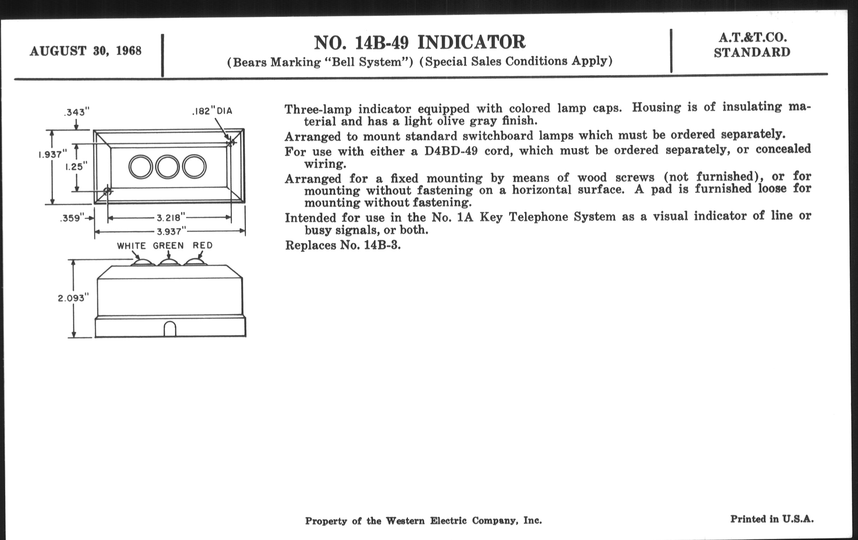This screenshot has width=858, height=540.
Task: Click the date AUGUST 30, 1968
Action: (x=85, y=51)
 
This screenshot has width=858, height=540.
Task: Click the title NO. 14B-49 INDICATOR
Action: (x=419, y=42)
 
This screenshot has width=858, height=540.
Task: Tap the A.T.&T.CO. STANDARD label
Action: (x=752, y=45)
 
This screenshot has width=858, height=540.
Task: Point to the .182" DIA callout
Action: (x=212, y=111)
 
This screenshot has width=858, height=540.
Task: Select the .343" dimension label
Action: (x=76, y=113)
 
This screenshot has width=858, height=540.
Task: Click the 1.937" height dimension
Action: (x=53, y=155)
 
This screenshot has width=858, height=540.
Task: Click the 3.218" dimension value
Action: (x=171, y=217)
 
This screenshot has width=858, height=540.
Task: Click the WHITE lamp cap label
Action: (x=132, y=246)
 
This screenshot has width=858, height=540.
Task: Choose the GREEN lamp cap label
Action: (x=169, y=246)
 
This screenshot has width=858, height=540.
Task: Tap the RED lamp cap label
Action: (x=203, y=245)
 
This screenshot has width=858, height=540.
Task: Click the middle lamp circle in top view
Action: (x=168, y=167)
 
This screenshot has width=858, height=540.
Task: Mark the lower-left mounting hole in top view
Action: (x=107, y=191)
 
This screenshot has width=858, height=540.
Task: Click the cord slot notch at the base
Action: (x=170, y=329)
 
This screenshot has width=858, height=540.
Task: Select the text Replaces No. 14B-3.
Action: (x=343, y=245)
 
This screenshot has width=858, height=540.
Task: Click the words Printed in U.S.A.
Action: (x=772, y=519)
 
